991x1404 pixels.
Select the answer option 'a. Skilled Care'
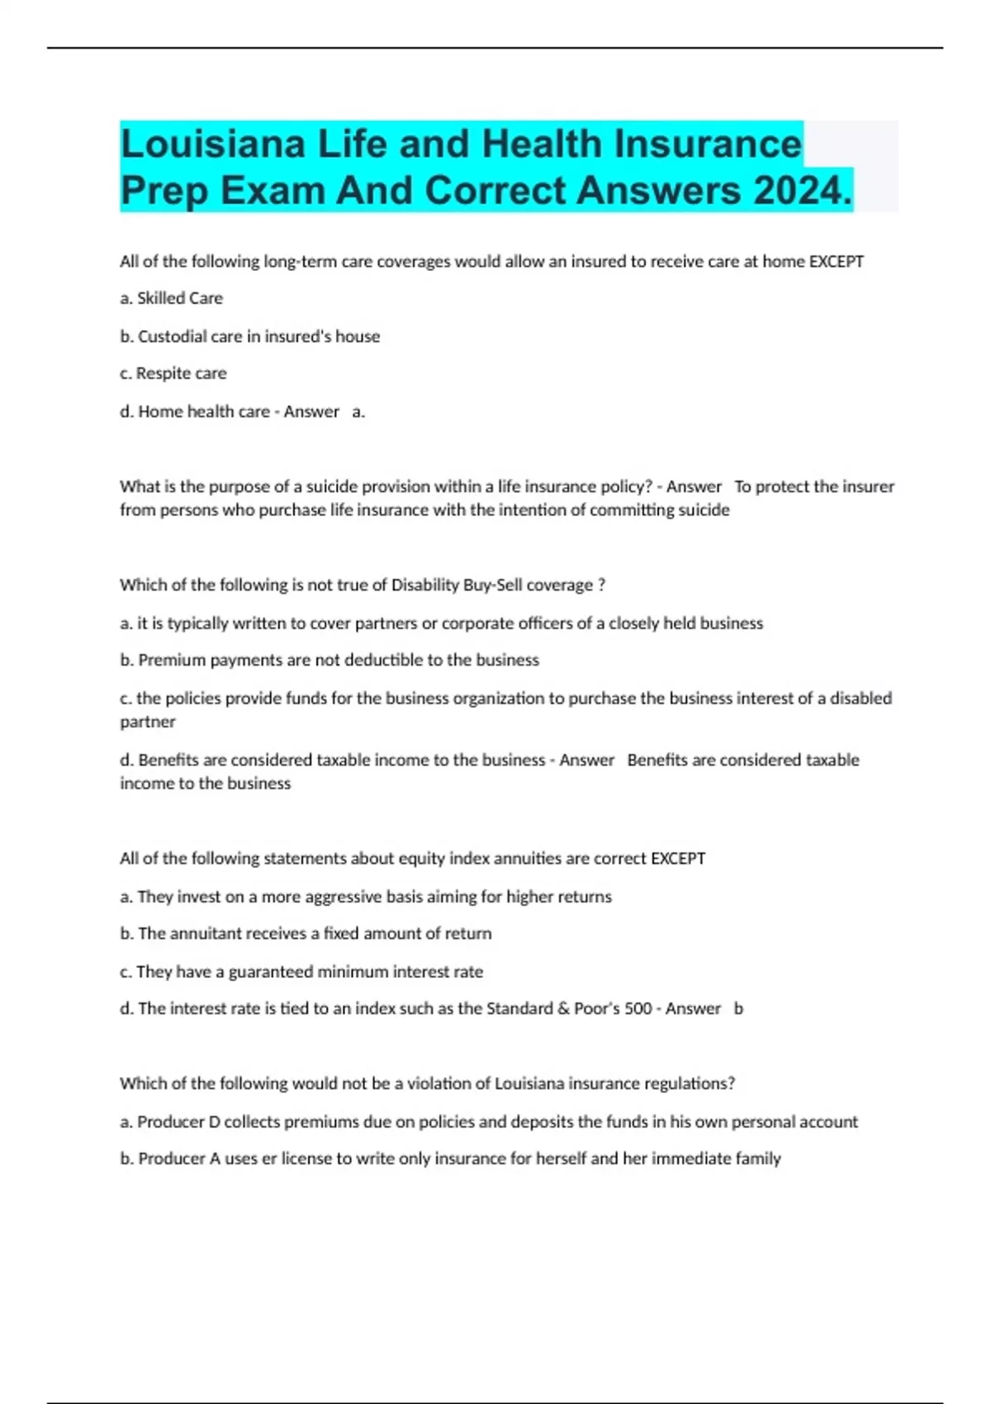click(171, 298)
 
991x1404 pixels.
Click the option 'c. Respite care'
click(173, 373)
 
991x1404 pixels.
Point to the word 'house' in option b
click(358, 336)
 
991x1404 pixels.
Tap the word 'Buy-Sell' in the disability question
click(481, 585)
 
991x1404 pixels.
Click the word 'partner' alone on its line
click(148, 722)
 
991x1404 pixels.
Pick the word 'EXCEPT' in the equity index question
click(678, 858)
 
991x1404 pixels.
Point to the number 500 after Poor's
click(638, 1008)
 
